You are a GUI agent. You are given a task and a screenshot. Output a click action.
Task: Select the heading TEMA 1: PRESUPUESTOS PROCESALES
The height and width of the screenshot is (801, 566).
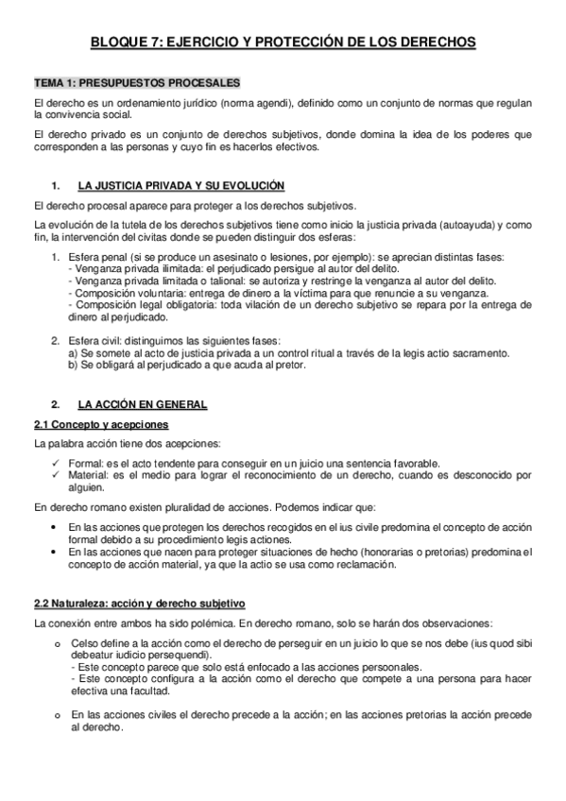(136, 83)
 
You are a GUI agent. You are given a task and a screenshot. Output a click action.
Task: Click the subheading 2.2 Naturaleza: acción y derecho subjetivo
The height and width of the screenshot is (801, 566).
(138, 602)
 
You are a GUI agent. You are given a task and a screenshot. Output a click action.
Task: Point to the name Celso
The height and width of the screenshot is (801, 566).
(85, 644)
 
